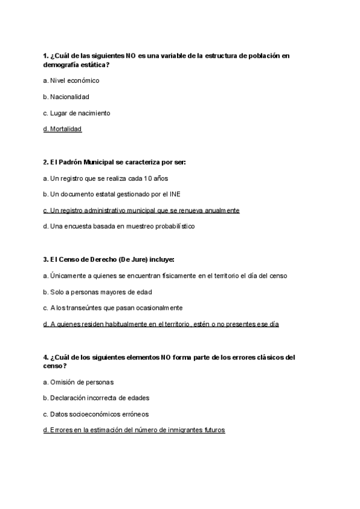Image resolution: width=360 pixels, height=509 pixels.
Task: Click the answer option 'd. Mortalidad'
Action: [x=62, y=129]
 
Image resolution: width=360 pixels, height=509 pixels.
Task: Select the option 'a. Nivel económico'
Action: [x=71, y=80]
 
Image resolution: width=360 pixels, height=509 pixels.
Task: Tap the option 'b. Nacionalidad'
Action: [x=66, y=97]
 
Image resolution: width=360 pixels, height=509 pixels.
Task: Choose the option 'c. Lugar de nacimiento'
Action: [x=77, y=113]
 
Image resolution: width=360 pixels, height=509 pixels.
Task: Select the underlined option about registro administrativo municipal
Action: [x=141, y=211]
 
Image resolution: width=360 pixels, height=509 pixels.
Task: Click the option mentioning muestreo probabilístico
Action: [x=119, y=227]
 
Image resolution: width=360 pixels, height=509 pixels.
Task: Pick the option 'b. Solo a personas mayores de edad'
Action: [x=98, y=292]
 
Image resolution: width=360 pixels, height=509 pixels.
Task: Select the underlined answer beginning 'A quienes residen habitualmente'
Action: [x=161, y=324]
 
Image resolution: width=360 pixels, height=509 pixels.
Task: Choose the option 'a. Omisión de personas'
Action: [x=79, y=382]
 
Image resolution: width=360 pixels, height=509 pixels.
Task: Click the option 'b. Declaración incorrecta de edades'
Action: [x=97, y=397]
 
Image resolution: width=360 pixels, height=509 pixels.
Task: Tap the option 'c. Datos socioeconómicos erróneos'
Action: [x=96, y=414]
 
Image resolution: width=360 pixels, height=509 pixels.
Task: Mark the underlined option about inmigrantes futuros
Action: [x=134, y=430]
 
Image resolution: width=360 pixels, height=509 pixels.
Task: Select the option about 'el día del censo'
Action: [x=165, y=276]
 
